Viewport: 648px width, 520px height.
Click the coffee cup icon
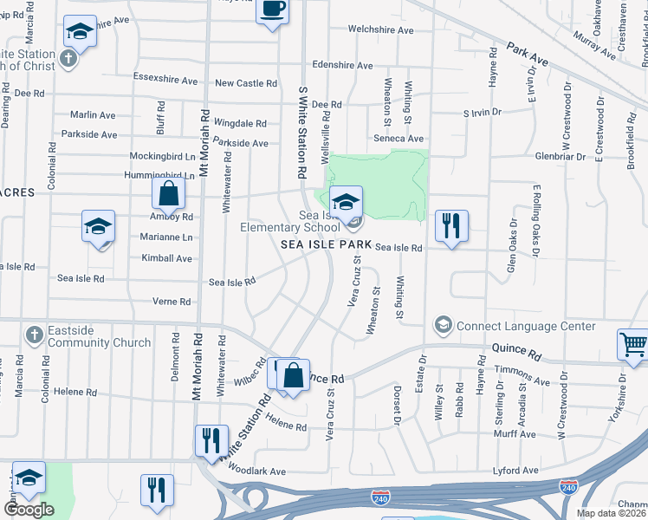(x=273, y=10)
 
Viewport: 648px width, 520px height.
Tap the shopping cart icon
(x=633, y=344)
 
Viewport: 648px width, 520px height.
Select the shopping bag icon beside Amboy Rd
(x=169, y=194)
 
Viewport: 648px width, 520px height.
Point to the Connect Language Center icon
(x=444, y=326)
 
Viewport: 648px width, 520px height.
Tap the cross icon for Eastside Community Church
(x=34, y=335)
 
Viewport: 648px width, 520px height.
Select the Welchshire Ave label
(x=381, y=29)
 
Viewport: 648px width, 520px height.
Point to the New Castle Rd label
(x=246, y=83)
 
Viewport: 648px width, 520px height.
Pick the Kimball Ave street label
(x=166, y=258)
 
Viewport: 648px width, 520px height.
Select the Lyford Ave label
(x=515, y=471)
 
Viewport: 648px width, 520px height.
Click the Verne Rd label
(x=172, y=302)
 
